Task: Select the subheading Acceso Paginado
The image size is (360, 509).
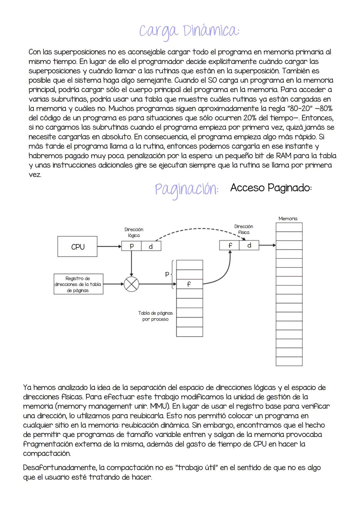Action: (271, 188)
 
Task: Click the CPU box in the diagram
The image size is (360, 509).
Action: (78, 247)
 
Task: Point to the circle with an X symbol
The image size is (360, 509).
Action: (131, 284)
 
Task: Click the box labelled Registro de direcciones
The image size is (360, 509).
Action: (78, 284)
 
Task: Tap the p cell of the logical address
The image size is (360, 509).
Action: (132, 246)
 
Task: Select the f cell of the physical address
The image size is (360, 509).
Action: (230, 245)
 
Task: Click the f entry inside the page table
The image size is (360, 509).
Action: (189, 284)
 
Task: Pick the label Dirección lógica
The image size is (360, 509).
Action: (134, 232)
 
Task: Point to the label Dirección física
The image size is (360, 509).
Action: (243, 229)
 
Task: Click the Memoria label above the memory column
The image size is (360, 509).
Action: (288, 219)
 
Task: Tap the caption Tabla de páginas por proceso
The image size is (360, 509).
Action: (155, 316)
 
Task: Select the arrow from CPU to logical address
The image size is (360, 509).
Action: (109, 247)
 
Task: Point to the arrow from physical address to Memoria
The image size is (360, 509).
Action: (268, 245)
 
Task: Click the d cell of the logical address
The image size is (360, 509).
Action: (151, 246)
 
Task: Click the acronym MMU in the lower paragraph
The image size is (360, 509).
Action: (160, 406)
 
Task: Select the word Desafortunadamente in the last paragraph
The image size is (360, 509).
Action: (64, 468)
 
